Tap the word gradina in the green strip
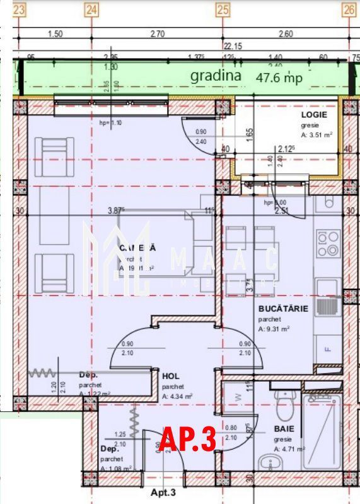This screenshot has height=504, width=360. [216, 76]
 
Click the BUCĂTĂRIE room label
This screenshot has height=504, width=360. [283, 309]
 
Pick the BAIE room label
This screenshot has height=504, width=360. [284, 428]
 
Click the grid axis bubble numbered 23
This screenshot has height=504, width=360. [20, 9]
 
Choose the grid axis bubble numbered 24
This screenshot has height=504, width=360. [91, 9]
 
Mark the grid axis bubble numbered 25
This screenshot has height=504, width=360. [222, 9]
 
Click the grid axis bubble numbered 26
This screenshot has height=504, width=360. [349, 9]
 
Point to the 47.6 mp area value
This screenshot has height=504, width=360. [279, 78]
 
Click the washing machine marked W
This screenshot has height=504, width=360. [238, 397]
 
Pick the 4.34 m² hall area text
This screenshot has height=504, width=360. [177, 396]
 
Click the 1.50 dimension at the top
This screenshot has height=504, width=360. [55, 34]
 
